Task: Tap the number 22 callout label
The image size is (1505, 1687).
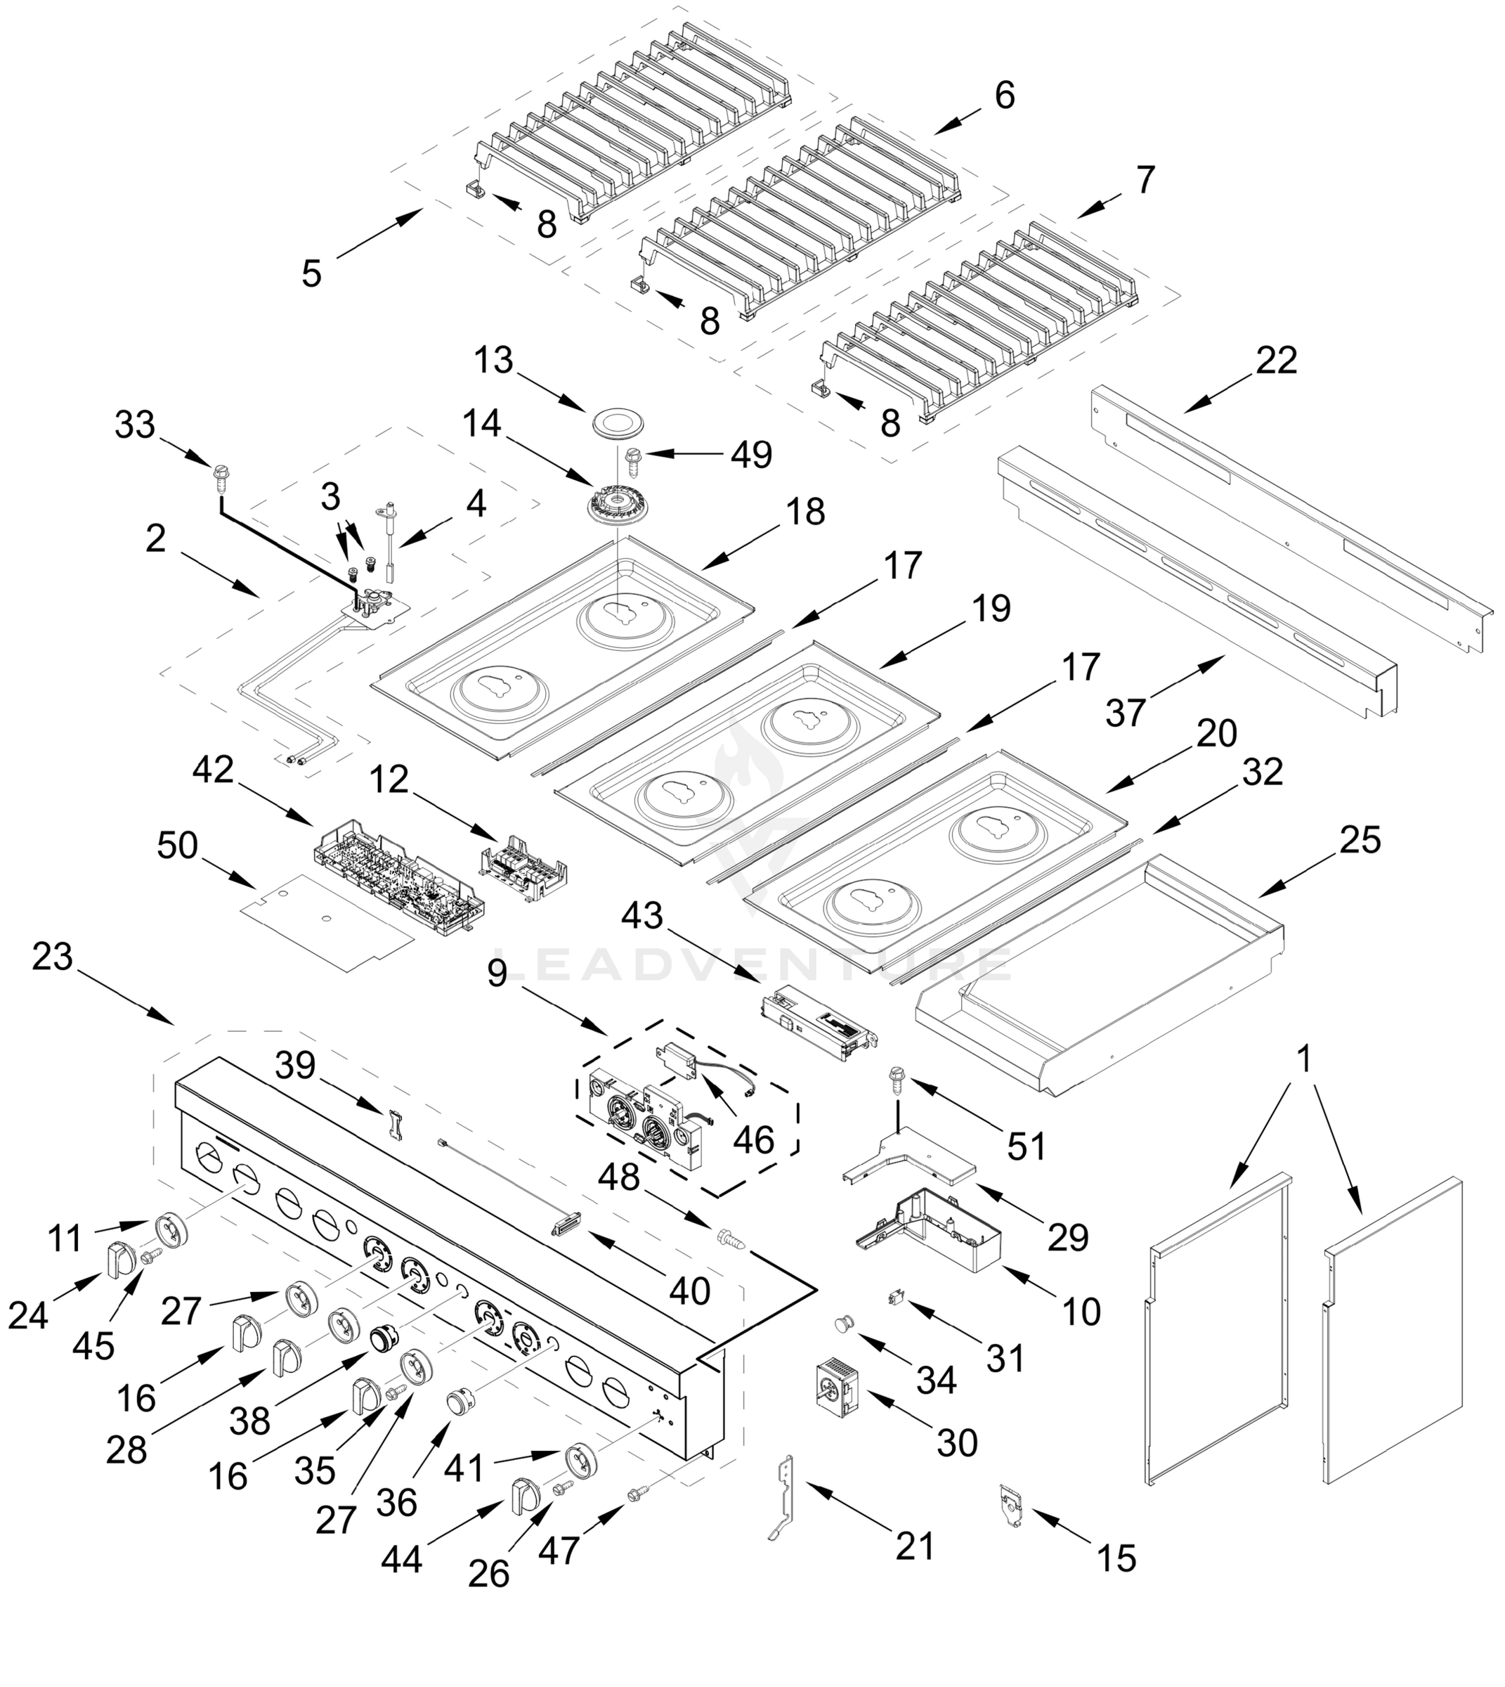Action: (x=1276, y=361)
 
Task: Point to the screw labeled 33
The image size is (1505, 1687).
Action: (x=220, y=474)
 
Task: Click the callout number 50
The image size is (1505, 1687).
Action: (x=178, y=846)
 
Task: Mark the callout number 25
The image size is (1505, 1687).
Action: (x=1360, y=840)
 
